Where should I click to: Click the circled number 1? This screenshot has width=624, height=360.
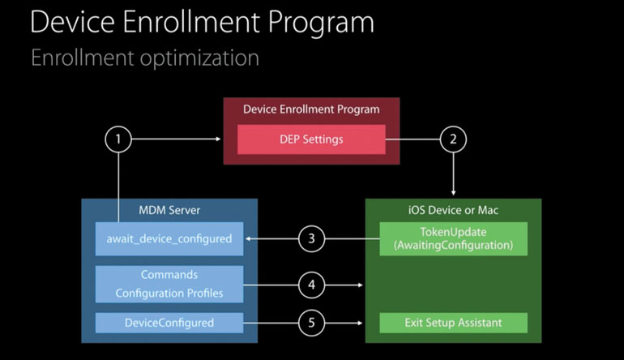coord(118,139)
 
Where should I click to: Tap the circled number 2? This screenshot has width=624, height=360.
coord(453,139)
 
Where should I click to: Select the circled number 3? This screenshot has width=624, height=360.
coord(311,239)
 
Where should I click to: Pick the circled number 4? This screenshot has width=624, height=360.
coord(311,285)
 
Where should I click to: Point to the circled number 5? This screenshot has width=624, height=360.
coord(311,323)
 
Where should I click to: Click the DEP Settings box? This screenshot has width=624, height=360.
coord(311,139)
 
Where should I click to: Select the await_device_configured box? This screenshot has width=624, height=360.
coord(169,239)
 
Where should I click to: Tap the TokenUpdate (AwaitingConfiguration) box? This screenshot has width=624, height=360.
coord(453,239)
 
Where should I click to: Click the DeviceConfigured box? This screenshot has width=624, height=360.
coord(169,323)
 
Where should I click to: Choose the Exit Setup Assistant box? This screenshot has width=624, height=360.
coord(453,323)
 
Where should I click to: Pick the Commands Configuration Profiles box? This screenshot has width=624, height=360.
coord(169,285)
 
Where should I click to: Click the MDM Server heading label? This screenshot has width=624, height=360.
coord(169,210)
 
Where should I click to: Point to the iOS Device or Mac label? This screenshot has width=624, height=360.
coord(453,210)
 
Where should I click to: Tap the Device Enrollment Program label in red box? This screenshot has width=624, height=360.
coord(311,109)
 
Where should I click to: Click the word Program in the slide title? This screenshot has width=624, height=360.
coord(321,23)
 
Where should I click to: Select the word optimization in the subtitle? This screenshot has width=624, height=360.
coord(199,58)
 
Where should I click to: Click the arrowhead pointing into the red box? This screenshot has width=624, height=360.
coord(218,139)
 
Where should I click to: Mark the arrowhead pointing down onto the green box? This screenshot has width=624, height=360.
coord(453,193)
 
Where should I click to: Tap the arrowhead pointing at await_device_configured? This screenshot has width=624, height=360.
coord(248,239)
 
